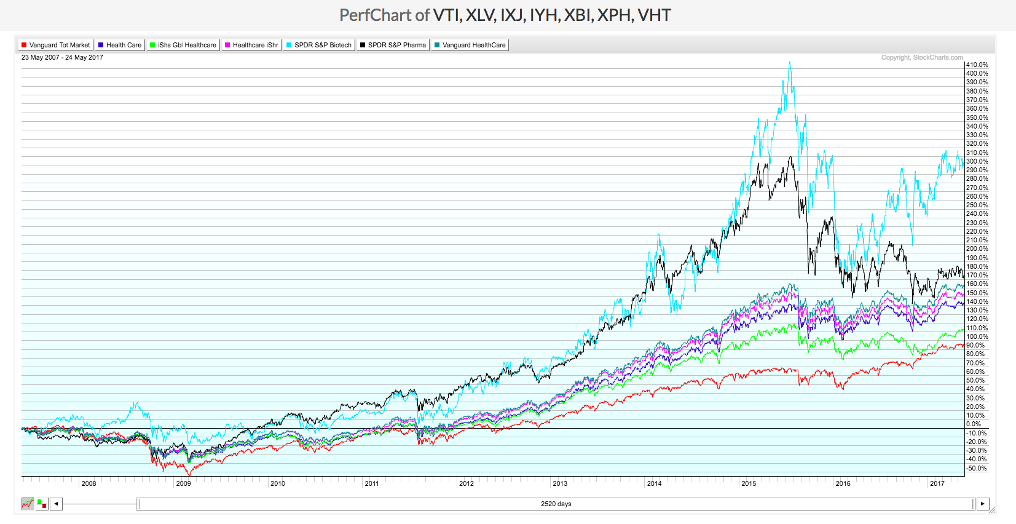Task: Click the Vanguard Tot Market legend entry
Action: (x=56, y=45)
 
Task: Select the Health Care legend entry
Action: (x=120, y=45)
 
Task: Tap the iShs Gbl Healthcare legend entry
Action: (x=183, y=45)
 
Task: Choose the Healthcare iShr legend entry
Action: (x=252, y=45)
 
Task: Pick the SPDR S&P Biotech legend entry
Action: (x=319, y=45)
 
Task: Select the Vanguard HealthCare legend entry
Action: (x=470, y=45)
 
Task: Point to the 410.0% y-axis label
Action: (x=977, y=65)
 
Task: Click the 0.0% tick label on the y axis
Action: (x=974, y=424)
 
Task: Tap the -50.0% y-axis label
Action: (x=976, y=468)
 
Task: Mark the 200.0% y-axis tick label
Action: (x=977, y=249)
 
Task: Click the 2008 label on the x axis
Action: (x=89, y=483)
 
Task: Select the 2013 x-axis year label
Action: (x=560, y=483)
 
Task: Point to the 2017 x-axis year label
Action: (x=937, y=483)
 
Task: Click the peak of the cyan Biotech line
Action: (x=790, y=62)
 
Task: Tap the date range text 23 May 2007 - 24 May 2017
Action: (x=62, y=57)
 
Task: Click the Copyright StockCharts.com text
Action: (x=922, y=57)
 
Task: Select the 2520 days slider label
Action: (x=556, y=504)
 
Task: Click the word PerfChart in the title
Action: (x=375, y=15)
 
